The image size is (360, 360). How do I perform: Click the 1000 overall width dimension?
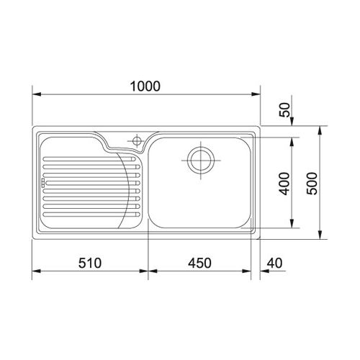(x=145, y=85)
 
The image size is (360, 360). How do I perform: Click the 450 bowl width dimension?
(x=200, y=263)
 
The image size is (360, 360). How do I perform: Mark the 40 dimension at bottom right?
(x=273, y=263)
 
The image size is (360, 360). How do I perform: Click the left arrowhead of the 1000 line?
(x=37, y=94)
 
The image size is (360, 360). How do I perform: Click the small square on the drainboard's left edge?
(x=42, y=183)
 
